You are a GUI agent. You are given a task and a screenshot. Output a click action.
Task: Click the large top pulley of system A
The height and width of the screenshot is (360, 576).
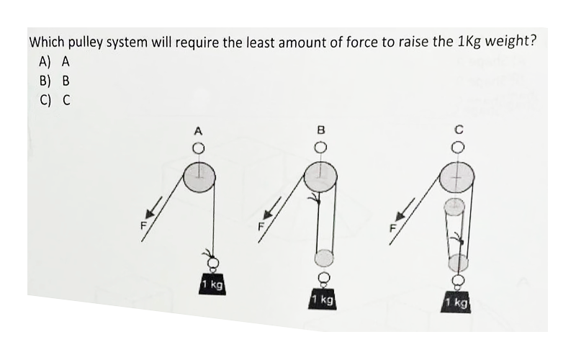(199, 177)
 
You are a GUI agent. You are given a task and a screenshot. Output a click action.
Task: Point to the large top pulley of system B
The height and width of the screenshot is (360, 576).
(320, 177)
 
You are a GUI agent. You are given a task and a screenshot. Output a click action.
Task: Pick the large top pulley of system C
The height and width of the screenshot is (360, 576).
(456, 176)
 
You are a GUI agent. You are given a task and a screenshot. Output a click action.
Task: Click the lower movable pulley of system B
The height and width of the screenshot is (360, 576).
(324, 257)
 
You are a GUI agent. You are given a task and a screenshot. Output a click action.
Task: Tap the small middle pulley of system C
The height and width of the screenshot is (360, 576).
(455, 206)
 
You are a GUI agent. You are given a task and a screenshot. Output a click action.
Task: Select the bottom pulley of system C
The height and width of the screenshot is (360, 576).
(458, 262)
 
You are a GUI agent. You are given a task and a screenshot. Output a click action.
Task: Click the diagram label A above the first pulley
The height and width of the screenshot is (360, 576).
(199, 131)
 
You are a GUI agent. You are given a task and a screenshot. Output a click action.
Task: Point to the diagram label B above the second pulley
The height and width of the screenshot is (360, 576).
(320, 130)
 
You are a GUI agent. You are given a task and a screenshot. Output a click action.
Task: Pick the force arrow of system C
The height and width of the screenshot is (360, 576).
(405, 210)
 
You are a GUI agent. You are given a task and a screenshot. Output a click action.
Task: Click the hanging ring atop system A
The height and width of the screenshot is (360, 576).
(199, 148)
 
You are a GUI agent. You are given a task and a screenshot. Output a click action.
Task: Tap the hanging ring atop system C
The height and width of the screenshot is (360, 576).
(457, 147)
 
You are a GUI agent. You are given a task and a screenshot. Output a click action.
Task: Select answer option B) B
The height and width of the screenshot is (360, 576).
(55, 81)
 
